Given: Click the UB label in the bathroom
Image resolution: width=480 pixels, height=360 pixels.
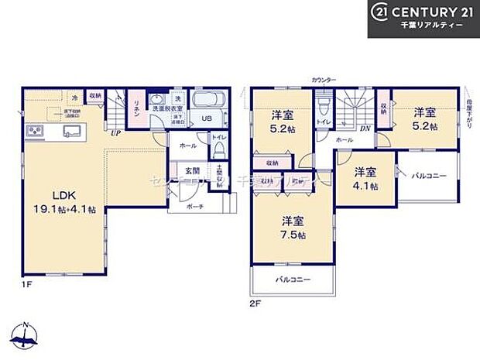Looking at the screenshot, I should tap(207, 118).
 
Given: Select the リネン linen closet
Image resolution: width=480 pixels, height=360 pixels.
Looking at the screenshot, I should tap(135, 108).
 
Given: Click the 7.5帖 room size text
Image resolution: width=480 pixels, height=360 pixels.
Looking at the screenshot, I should tap(292, 235).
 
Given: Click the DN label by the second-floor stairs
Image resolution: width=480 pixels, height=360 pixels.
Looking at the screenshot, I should tap(363, 129).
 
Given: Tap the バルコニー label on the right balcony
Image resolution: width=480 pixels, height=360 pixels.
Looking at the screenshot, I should tap(428, 176).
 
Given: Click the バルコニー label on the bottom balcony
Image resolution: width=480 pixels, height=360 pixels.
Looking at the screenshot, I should tap(293, 279).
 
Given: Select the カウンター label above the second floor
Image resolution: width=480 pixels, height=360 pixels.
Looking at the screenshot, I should tap(323, 81).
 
